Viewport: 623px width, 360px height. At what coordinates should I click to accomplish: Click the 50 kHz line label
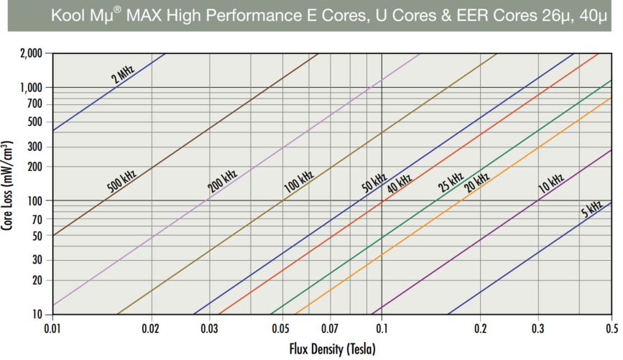point(374,183)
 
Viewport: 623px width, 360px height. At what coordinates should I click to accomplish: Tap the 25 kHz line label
point(451,182)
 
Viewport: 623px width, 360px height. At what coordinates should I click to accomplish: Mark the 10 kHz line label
point(551,183)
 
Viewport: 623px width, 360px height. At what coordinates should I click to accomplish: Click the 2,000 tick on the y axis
point(31,53)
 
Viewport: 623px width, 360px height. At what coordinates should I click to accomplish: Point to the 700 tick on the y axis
point(34,104)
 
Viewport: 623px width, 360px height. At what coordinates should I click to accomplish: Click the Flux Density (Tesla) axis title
point(331,350)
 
